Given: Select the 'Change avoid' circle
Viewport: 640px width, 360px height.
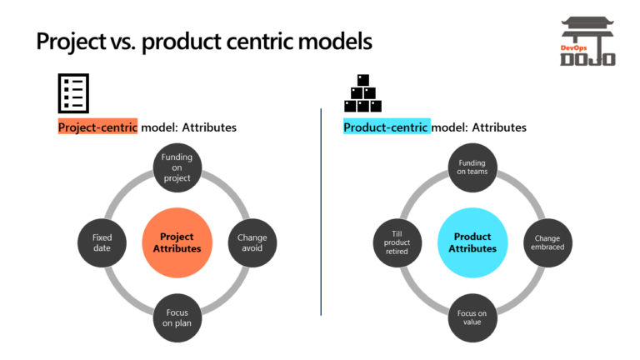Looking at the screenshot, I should coord(252,242).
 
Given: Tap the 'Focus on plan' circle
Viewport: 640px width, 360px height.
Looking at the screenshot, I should coord(176,317).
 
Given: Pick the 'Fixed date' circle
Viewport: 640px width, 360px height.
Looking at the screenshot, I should coord(101,242).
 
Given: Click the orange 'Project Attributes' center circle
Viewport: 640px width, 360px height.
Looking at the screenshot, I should coord(176,242).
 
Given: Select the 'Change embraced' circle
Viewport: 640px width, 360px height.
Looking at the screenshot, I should coord(547,242).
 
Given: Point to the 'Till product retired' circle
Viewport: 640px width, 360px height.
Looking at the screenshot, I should coord(397,242).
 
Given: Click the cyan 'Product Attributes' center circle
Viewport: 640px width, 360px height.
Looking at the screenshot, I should coord(472,242).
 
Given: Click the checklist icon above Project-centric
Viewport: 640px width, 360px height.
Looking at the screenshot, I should coord(73,92).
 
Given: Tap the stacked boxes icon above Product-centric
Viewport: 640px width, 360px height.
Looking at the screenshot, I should coord(362,93).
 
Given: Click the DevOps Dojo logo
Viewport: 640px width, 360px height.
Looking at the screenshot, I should coord(587,42).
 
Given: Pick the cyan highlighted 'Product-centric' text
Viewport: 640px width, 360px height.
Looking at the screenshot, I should coord(387,127).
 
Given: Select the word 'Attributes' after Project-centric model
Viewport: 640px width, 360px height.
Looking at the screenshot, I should coord(209,127).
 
